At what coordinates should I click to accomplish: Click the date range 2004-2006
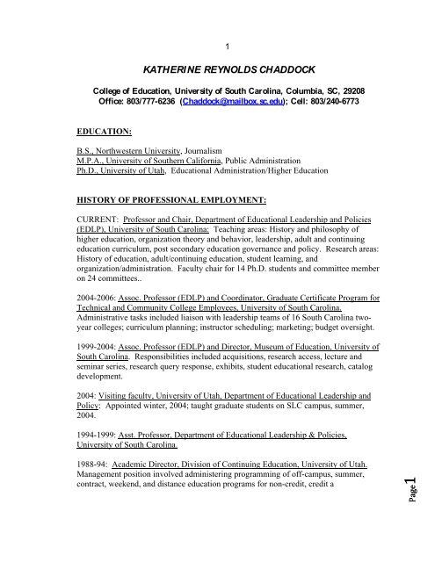95,310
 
